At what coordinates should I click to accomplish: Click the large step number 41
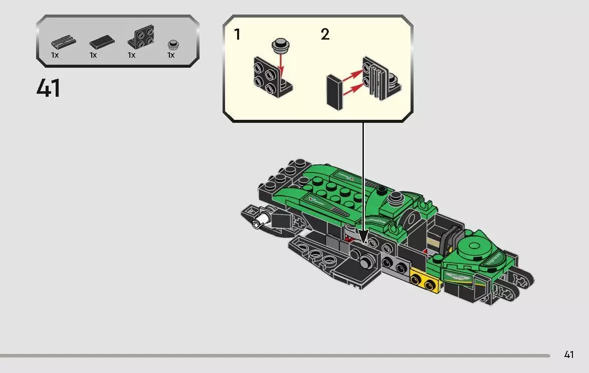pos(49,88)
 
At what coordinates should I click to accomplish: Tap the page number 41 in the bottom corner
pos(568,355)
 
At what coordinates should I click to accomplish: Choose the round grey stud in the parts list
pos(173,45)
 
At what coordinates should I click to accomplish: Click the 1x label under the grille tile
pos(55,55)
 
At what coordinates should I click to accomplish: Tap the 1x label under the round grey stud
pos(171,55)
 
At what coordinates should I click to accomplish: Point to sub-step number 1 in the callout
pos(237,35)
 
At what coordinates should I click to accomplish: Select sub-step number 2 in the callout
pos(325,35)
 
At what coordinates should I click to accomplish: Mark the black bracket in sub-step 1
pos(271,78)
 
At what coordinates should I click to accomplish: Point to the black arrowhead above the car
pos(362,235)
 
